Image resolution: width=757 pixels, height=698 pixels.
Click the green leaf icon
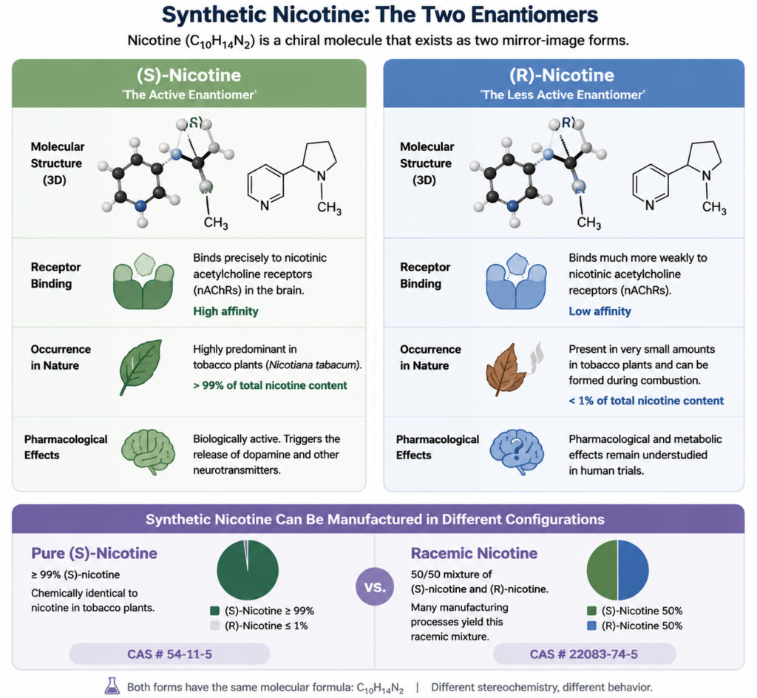pyautogui.click(x=140, y=367)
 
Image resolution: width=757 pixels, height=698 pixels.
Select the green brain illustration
pyautogui.click(x=148, y=452)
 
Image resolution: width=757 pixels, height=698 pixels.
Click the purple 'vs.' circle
pyautogui.click(x=375, y=586)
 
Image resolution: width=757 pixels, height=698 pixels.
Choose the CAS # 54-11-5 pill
pyautogui.click(x=169, y=654)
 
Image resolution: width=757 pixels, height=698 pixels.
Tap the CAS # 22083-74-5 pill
pyautogui.click(x=584, y=654)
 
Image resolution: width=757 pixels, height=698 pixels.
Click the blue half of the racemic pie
pyautogui.click(x=634, y=570)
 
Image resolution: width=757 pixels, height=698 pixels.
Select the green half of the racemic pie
pyautogui.click(x=602, y=570)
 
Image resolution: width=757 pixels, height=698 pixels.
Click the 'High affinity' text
pyautogui.click(x=225, y=311)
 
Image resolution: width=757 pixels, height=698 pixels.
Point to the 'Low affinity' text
pyautogui.click(x=600, y=311)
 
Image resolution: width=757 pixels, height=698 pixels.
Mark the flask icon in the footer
pyautogui.click(x=112, y=686)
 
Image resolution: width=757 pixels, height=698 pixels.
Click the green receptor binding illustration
pyautogui.click(x=143, y=281)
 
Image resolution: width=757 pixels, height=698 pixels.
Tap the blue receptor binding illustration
pyautogui.click(x=516, y=281)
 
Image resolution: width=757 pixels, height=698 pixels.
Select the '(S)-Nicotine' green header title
pyautogui.click(x=189, y=75)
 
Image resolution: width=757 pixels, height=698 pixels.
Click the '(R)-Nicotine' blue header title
pyautogui.click(x=562, y=75)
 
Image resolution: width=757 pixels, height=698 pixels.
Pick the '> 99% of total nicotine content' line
pyautogui.click(x=270, y=385)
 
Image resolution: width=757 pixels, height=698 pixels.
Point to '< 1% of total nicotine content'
pyautogui.click(x=646, y=401)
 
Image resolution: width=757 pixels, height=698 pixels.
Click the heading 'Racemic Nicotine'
pyautogui.click(x=474, y=553)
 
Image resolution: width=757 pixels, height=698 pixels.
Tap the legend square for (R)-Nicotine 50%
pyautogui.click(x=591, y=626)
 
